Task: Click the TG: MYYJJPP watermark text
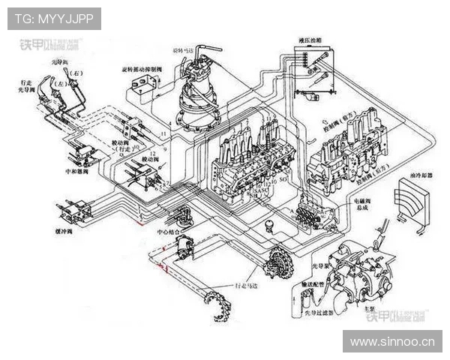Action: pos(53,19)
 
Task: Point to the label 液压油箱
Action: pos(310,37)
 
